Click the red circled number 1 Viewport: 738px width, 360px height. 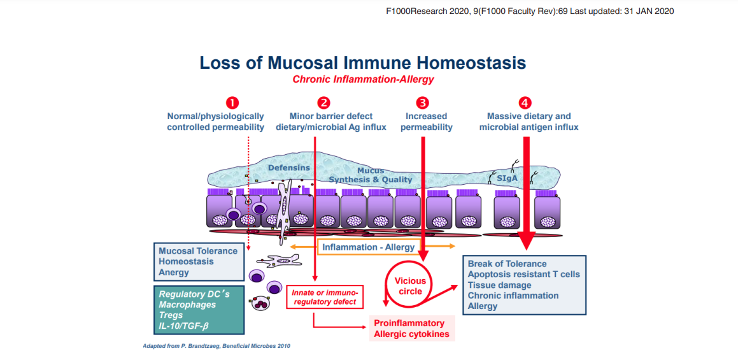tap(233, 102)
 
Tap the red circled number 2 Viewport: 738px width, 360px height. tap(323, 102)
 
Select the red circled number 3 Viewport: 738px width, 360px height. tap(423, 102)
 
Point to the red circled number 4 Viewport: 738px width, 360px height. tap(525, 102)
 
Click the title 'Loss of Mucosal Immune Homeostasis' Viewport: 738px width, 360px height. tap(362, 63)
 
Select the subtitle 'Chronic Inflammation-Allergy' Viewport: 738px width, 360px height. tap(363, 80)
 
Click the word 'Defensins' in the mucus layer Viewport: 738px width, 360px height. tap(288, 168)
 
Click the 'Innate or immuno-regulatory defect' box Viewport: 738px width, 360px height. tap(325, 296)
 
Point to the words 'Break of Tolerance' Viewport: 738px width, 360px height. tap(507, 264)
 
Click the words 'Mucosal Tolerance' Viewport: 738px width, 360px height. tap(198, 251)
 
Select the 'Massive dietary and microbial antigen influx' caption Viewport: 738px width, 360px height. tap(529, 122)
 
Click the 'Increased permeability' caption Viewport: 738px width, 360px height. tap(426, 122)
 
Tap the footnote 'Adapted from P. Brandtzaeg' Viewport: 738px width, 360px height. tap(217, 346)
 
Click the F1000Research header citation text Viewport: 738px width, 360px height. tap(530, 11)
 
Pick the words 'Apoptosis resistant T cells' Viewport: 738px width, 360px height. tap(523, 275)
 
